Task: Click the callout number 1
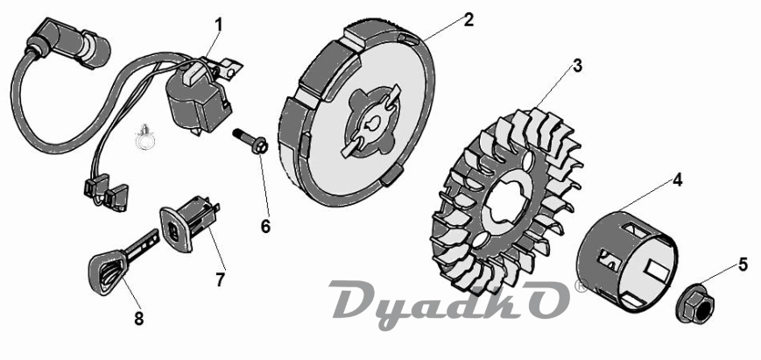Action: pyautogui.click(x=218, y=25)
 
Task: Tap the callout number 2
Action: pyautogui.click(x=469, y=20)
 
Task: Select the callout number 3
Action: pyautogui.click(x=577, y=66)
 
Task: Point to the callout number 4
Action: pyautogui.click(x=678, y=180)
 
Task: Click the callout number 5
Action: pyautogui.click(x=743, y=265)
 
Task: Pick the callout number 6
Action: pyautogui.click(x=265, y=226)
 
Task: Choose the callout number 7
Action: pyautogui.click(x=221, y=279)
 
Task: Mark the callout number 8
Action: pyautogui.click(x=139, y=318)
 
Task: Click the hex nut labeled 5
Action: pyautogui.click(x=695, y=303)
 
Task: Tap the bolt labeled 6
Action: pyautogui.click(x=251, y=141)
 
